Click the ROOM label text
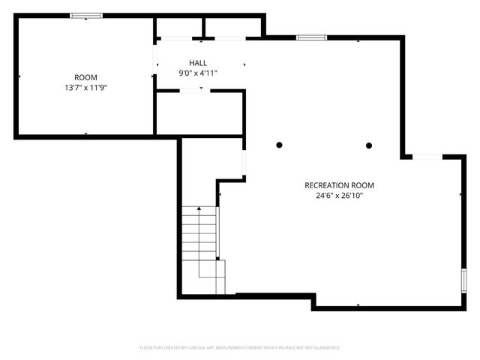pyautogui.click(x=85, y=77)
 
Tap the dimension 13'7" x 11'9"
pyautogui.click(x=85, y=87)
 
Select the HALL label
pyautogui.click(x=198, y=63)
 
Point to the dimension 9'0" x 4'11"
pyautogui.click(x=198, y=73)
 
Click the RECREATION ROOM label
pyautogui.click(x=339, y=185)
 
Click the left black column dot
pyautogui.click(x=279, y=145)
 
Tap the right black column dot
pyautogui.click(x=369, y=145)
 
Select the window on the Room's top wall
pyautogui.click(x=87, y=16)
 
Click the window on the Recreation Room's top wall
pyautogui.click(x=310, y=37)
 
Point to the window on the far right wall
pyautogui.click(x=463, y=281)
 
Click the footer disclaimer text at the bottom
pyautogui.click(x=240, y=348)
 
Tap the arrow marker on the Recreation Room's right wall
pyautogui.click(x=460, y=195)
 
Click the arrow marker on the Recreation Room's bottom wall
pyautogui.click(x=358, y=304)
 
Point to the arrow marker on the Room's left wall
pyautogui.click(x=19, y=76)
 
